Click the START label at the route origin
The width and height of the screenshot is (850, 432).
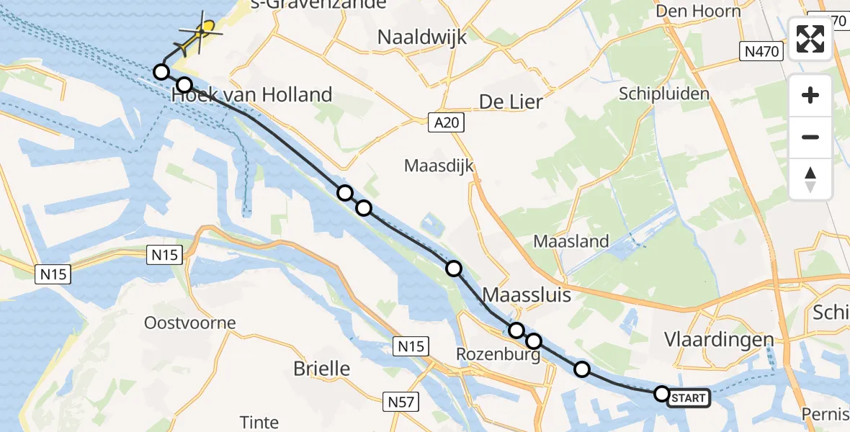tap(689, 397)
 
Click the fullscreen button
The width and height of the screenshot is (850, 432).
tap(810, 39)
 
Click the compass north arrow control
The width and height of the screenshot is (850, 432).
tap(810, 179)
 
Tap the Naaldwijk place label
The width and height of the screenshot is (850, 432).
tap(423, 37)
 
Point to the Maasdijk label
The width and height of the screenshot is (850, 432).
tap(439, 166)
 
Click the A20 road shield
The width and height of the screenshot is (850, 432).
tap(446, 123)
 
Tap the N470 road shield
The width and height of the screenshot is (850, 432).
tap(761, 50)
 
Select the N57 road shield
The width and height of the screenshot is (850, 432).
tap(398, 402)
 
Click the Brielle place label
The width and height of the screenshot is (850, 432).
tap(321, 369)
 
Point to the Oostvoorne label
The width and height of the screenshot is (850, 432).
tap(190, 322)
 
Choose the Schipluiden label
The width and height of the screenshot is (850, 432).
tap(664, 94)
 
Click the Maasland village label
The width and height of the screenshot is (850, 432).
tap(571, 241)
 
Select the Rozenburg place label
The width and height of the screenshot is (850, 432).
tap(498, 355)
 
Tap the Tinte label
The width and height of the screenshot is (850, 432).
tap(259, 422)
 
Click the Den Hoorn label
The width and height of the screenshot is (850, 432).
tap(699, 11)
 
